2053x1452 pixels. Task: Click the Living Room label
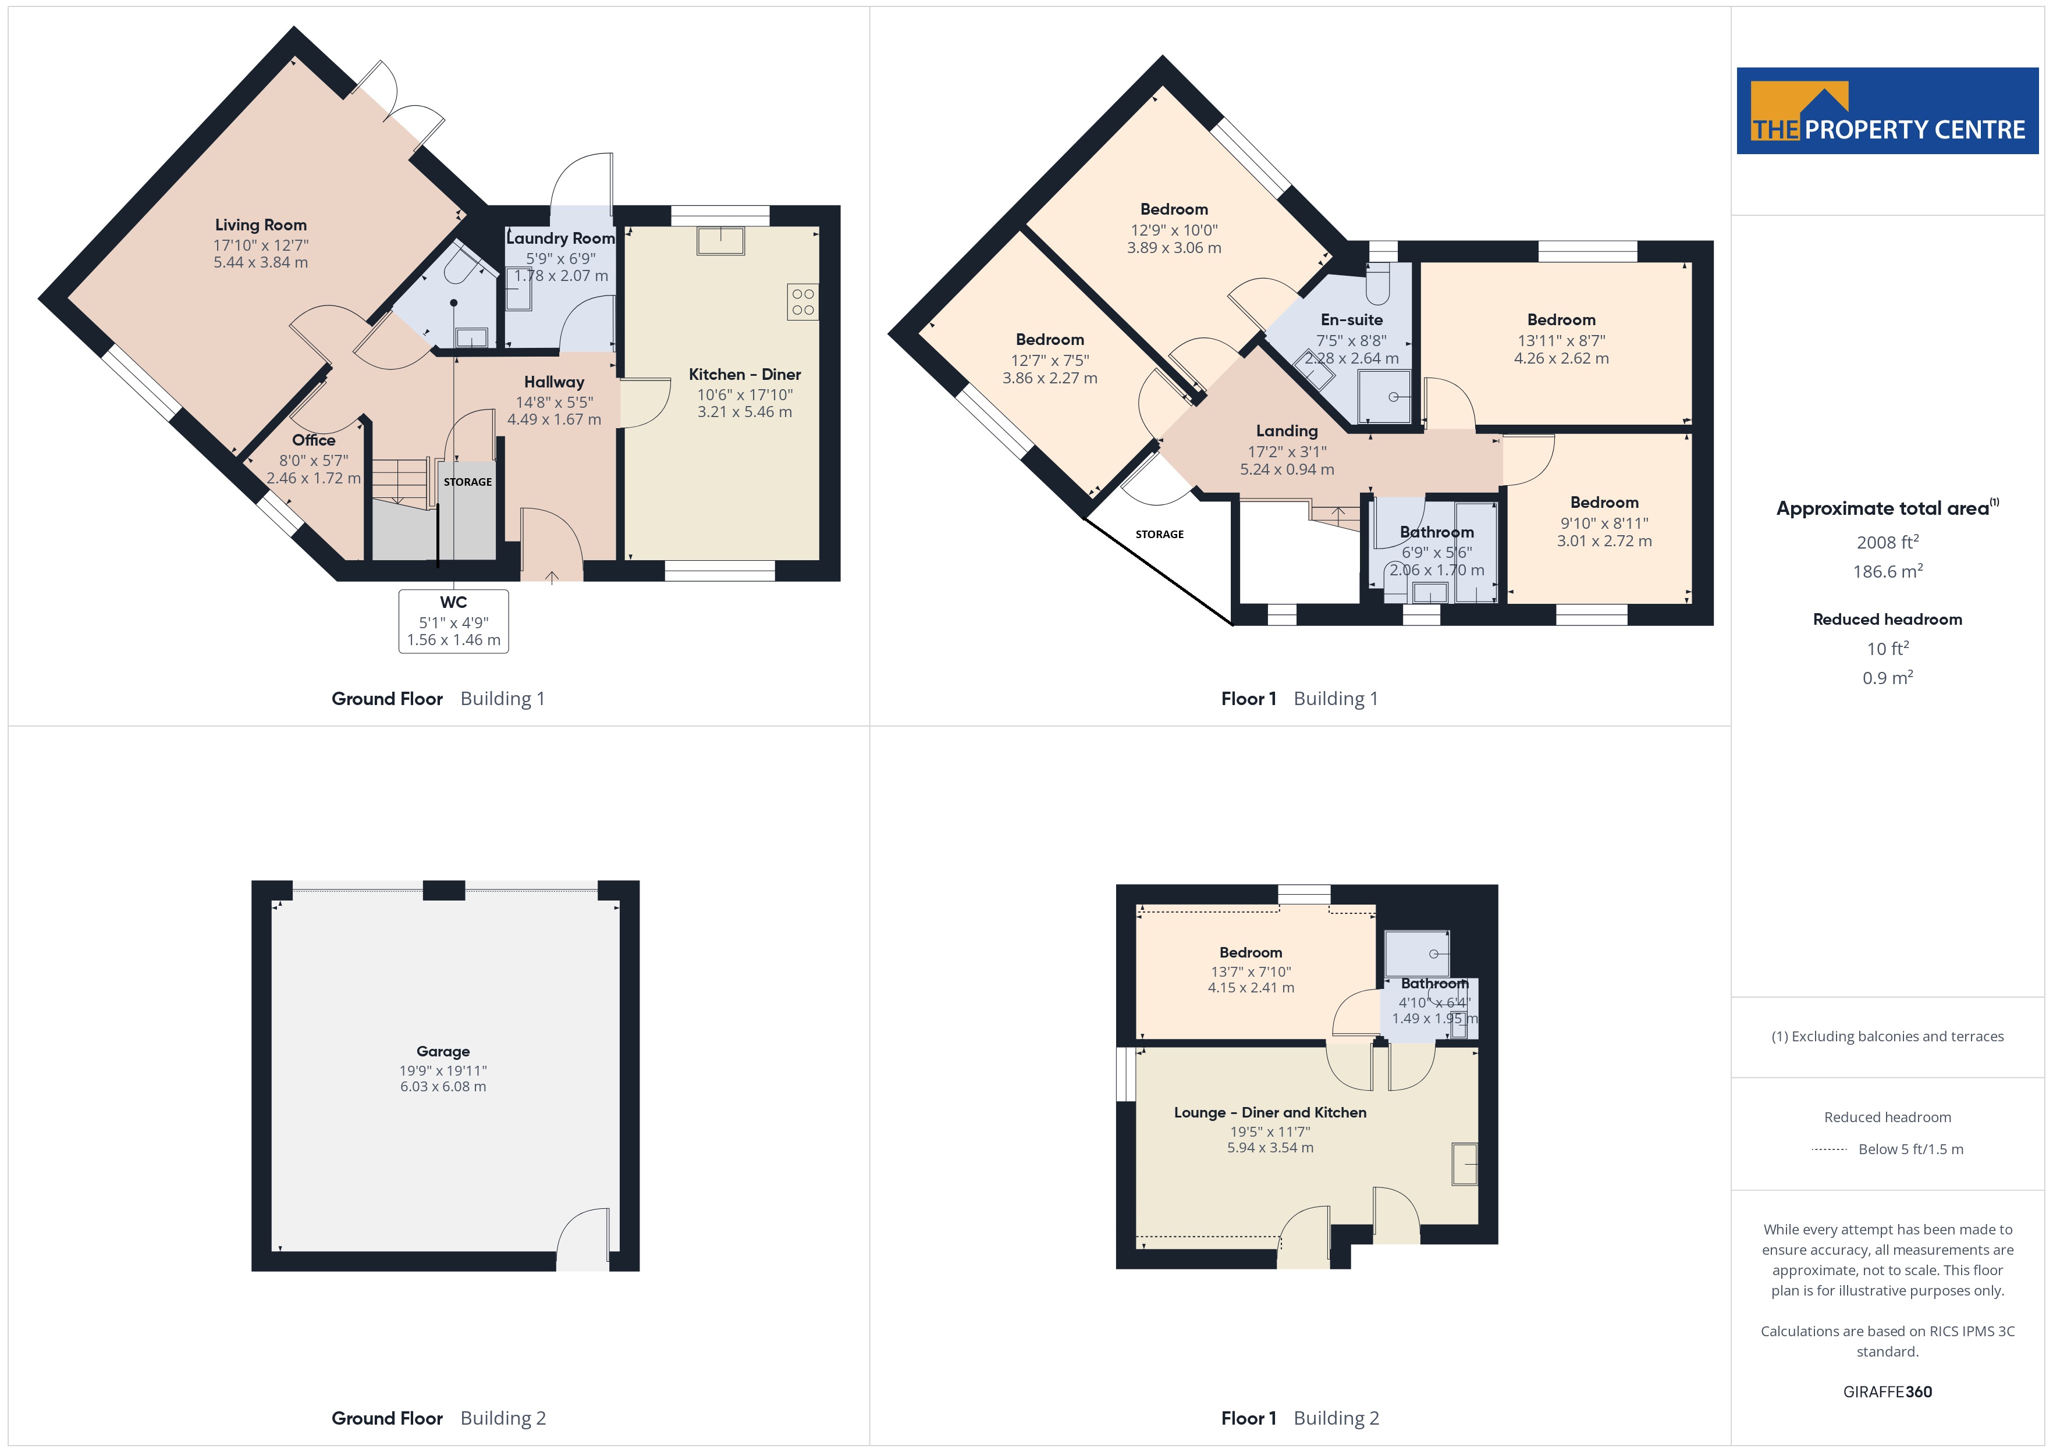click(260, 225)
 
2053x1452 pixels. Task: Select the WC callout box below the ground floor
click(453, 621)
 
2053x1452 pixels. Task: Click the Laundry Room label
click(560, 239)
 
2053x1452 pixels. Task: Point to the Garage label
click(443, 1051)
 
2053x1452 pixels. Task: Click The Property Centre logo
click(1888, 111)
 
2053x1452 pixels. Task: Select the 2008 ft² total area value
click(1888, 542)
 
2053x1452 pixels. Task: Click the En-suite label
click(1351, 320)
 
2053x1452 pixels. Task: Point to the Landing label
click(1287, 431)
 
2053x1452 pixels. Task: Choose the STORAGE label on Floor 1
click(1160, 535)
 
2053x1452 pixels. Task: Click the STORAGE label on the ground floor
click(468, 482)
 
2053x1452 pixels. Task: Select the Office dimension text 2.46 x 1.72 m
click(314, 478)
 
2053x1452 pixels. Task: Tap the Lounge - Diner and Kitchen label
click(1270, 1112)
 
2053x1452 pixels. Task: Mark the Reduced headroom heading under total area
click(1888, 620)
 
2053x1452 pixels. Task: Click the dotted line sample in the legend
click(1830, 1149)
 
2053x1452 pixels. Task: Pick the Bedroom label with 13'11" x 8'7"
click(1561, 320)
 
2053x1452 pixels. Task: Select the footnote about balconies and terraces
click(1888, 1036)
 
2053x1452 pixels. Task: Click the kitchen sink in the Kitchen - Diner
click(720, 240)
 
